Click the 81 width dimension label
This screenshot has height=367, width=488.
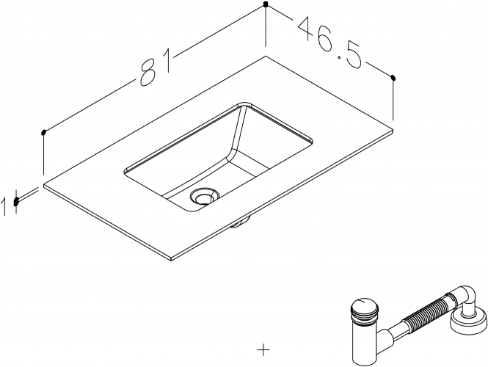point(156,67)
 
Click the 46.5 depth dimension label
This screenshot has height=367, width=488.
point(330,43)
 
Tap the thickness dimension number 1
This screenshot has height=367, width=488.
point(4,207)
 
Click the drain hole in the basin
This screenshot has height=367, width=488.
point(205,196)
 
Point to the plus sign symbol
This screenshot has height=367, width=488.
point(263,350)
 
